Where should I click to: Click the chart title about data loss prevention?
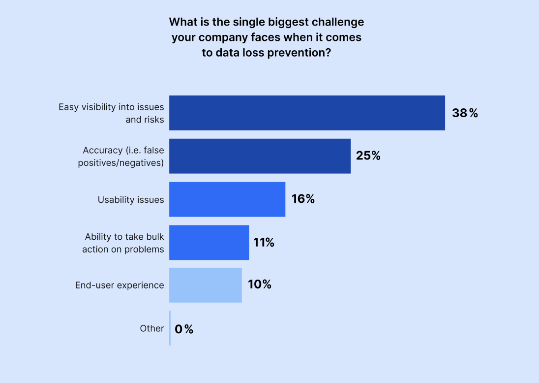coord(267,37)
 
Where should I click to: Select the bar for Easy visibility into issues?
coord(307,113)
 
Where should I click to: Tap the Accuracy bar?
coord(260,156)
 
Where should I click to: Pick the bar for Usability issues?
coord(227,199)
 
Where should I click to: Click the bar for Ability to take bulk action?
coord(209,243)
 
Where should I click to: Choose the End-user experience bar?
coord(206,285)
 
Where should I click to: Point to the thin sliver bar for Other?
coord(170,328)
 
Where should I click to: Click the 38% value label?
coord(465,113)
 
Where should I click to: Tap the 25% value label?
coord(368,156)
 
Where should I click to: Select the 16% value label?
coord(303,199)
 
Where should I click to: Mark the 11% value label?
coord(264,243)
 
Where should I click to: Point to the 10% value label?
coord(260,284)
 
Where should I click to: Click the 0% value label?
coord(184,329)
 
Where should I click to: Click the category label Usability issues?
coord(131,200)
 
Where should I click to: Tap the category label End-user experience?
coord(120,285)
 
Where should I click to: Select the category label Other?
coord(152,329)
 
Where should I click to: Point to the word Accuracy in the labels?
coord(103,151)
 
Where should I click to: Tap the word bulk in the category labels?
coord(155,237)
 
